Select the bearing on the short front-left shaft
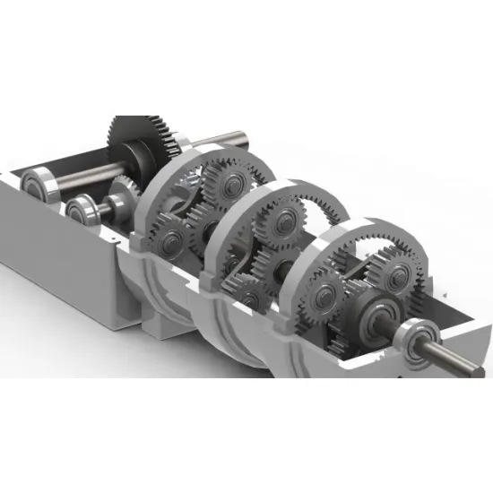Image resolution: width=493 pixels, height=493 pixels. (x=83, y=212)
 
